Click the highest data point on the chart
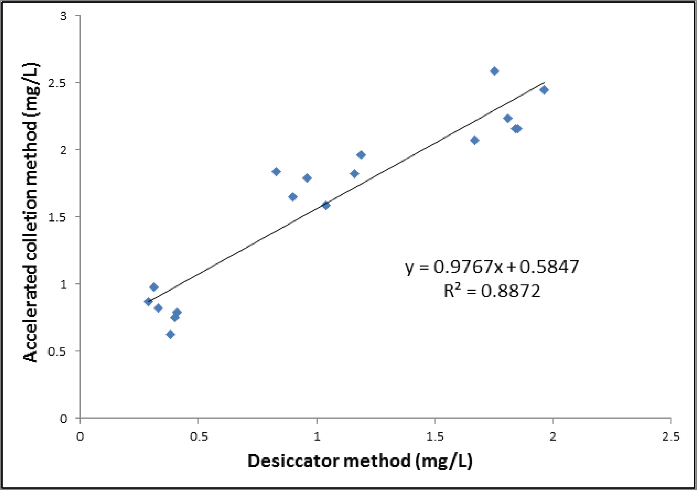494,71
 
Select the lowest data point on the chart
170,335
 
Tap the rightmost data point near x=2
544,90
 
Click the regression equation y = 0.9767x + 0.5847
492,267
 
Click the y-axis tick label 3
63,15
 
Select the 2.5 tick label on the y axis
57,83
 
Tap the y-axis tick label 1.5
57,217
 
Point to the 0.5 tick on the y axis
57,351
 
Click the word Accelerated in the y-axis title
30,313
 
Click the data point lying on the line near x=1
326,205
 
